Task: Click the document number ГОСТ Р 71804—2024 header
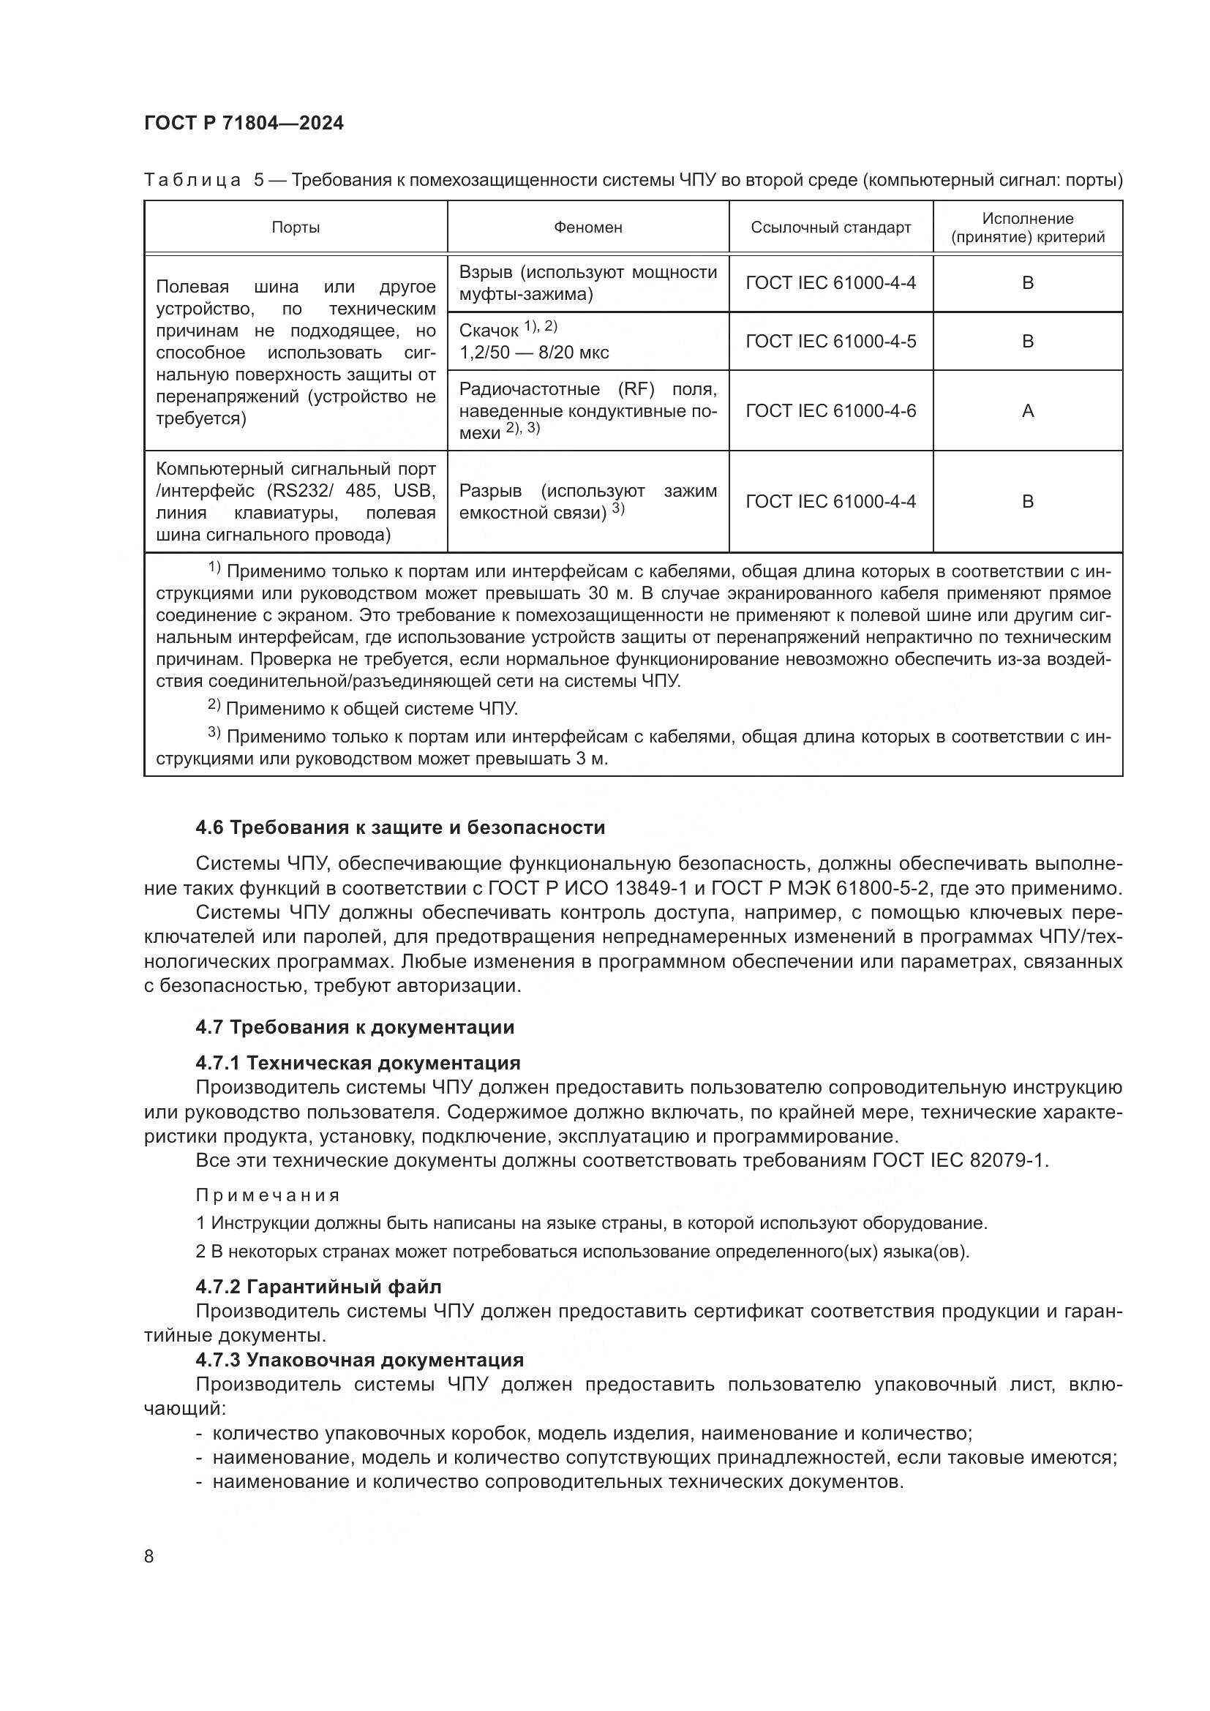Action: click(244, 124)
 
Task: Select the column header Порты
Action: click(295, 227)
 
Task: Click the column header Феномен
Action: click(587, 227)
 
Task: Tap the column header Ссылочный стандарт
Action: click(830, 227)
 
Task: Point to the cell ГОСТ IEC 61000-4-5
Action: click(830, 342)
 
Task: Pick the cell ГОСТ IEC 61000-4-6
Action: click(830, 410)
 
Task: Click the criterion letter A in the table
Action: click(1027, 410)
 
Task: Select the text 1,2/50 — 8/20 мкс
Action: click(533, 353)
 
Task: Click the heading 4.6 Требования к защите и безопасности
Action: click(400, 827)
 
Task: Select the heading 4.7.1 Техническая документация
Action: click(358, 1063)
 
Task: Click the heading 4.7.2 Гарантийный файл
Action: click(318, 1287)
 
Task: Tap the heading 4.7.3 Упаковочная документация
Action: click(359, 1360)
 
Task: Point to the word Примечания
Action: click(268, 1195)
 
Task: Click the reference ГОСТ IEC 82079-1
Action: click(959, 1161)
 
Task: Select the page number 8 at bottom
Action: click(149, 1557)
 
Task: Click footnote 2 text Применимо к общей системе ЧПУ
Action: click(370, 708)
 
